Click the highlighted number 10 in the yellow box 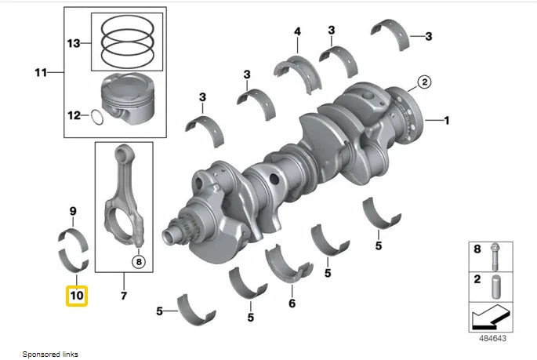pyautogui.click(x=76, y=296)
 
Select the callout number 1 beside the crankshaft pyautogui.click(x=447, y=121)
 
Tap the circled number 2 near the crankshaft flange pyautogui.click(x=424, y=82)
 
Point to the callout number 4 pyautogui.click(x=297, y=31)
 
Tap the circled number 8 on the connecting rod pyautogui.click(x=138, y=262)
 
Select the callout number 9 pyautogui.click(x=72, y=211)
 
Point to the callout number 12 pyautogui.click(x=73, y=116)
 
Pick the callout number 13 pyautogui.click(x=73, y=42)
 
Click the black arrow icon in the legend pyautogui.click(x=493, y=317)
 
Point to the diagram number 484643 pyautogui.click(x=494, y=339)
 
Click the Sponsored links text pyautogui.click(x=50, y=354)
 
